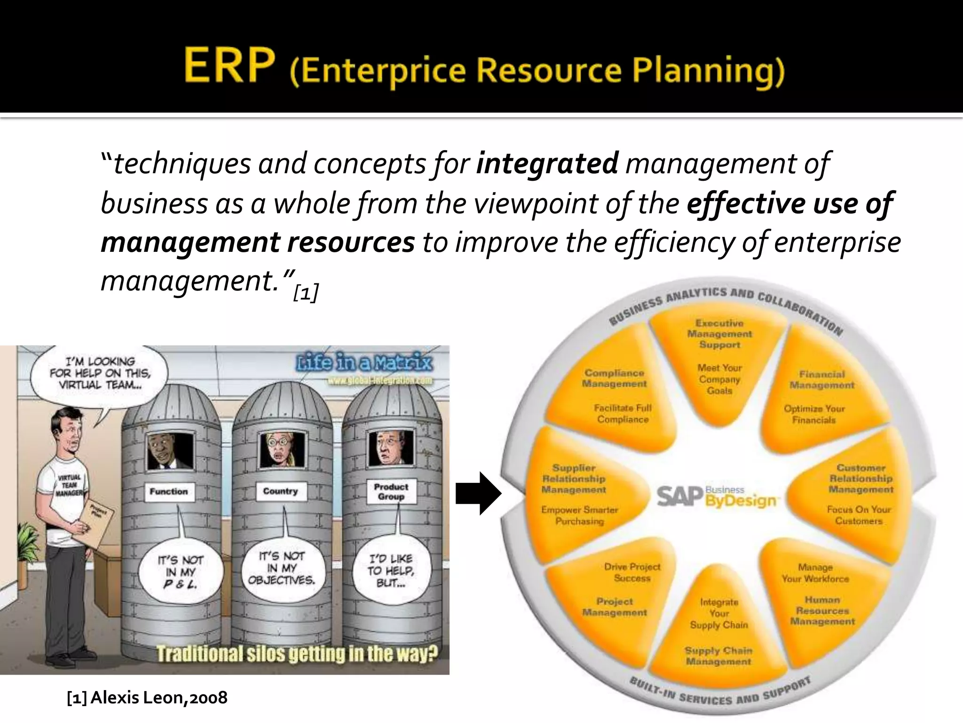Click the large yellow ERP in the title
(229, 66)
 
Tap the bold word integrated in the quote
(547, 163)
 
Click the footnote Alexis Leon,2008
(147, 697)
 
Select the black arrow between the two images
(478, 493)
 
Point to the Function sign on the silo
(168, 491)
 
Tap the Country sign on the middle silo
(280, 491)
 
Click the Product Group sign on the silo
(391, 491)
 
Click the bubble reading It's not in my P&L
(180, 572)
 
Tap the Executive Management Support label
(719, 334)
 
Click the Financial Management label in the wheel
(821, 380)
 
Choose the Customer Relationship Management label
(860, 479)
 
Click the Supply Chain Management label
(718, 656)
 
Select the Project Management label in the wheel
(615, 607)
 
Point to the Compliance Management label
(614, 378)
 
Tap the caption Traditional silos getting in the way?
(297, 654)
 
